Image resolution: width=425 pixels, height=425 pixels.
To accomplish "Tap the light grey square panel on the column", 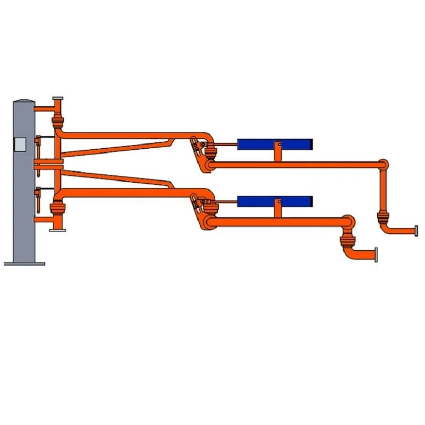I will (x=20, y=144).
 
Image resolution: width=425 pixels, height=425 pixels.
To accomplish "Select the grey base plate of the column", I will (x=24, y=262).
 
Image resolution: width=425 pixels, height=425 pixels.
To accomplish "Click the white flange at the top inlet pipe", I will (x=58, y=99).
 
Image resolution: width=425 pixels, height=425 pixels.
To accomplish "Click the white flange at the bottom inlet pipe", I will (x=57, y=229).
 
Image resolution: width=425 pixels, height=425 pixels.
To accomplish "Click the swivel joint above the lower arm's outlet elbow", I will (x=346, y=245).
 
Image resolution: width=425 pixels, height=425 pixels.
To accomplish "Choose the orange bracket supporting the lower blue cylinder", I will (x=276, y=211).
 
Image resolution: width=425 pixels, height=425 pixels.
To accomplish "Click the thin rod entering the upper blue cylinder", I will (x=226, y=144).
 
